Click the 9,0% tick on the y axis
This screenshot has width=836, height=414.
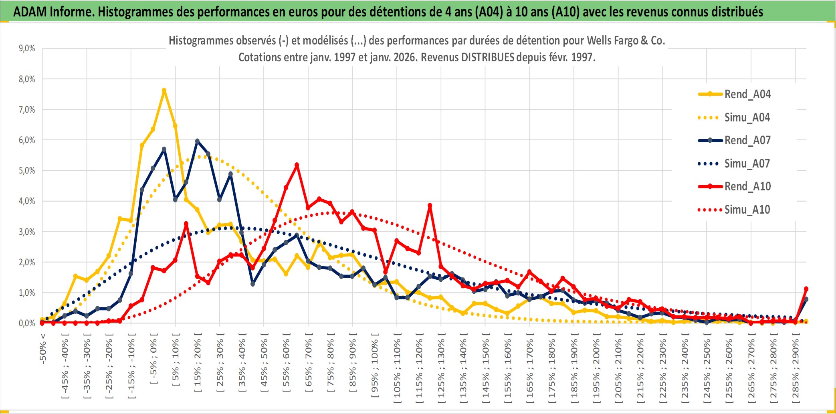click(27, 48)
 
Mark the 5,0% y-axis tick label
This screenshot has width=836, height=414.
click(27, 171)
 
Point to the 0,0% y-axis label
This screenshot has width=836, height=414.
click(27, 323)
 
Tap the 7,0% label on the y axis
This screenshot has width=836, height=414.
click(27, 110)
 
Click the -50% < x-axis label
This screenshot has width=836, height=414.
click(43, 349)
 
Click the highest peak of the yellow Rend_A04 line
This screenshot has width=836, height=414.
click(164, 91)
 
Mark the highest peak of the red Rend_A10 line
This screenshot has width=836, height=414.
click(297, 165)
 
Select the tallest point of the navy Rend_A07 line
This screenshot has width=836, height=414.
click(197, 141)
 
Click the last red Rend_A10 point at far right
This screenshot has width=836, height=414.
click(806, 289)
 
